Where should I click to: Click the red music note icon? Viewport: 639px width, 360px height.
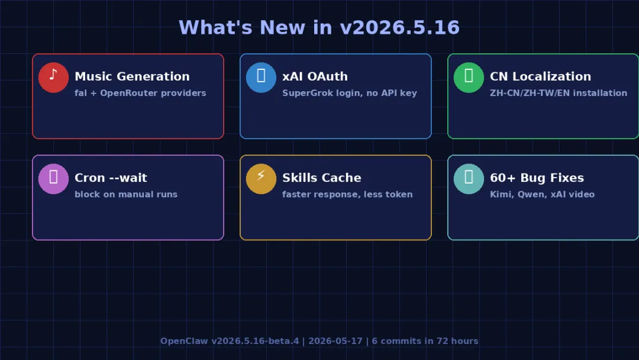click(53, 78)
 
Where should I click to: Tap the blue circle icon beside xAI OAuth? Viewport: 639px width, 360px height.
click(262, 78)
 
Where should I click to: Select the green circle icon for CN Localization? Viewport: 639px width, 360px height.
click(469, 78)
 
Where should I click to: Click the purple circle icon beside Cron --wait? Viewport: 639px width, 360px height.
click(53, 179)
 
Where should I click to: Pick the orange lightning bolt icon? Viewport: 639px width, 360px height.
click(262, 179)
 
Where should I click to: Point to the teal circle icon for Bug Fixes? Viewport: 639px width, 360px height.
click(469, 179)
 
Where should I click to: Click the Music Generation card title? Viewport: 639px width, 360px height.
click(132, 76)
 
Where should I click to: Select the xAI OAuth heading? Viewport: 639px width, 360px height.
click(315, 76)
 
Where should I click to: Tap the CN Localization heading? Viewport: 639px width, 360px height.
click(540, 76)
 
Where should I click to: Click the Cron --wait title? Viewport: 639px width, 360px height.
click(111, 178)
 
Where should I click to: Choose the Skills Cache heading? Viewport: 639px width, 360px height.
click(321, 178)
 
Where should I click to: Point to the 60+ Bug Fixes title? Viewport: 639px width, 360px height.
click(537, 178)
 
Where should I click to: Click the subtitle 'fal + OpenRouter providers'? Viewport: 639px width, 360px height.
click(140, 93)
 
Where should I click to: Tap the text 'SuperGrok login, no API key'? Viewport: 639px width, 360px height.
click(350, 93)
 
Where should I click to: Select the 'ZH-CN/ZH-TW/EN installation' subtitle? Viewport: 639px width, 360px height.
click(559, 93)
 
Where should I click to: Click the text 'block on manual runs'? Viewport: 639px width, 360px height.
click(126, 194)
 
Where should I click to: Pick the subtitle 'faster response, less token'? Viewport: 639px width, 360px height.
click(347, 194)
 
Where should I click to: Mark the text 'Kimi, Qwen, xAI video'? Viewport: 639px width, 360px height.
click(542, 194)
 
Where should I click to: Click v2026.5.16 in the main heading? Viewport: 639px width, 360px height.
click(399, 28)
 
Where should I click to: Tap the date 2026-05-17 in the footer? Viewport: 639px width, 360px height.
click(335, 341)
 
